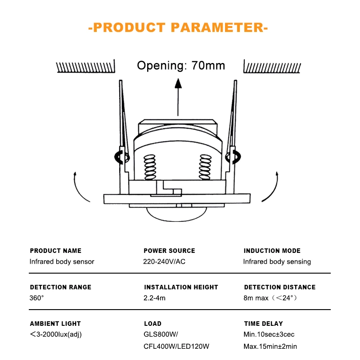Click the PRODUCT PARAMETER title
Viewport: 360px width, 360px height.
pos(178,27)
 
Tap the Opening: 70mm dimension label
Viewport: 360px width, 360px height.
pos(181,66)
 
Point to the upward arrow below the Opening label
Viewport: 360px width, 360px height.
pos(178,97)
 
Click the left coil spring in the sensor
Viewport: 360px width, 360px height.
pos(150,167)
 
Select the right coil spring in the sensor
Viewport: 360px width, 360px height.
pos(205,167)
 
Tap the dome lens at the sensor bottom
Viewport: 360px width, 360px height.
pos(177,215)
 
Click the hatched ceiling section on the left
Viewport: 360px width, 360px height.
pos(85,66)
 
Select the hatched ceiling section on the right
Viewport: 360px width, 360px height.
pos(272,66)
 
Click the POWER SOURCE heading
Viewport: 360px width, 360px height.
pos(169,251)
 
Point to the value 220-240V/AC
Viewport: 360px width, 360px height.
pos(164,261)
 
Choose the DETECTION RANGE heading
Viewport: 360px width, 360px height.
pos(61,287)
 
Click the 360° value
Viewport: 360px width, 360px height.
pos(37,298)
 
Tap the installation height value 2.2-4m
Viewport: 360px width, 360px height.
pos(154,298)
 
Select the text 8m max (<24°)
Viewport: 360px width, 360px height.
pos(270,298)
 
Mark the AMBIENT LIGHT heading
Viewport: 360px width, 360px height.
pos(55,324)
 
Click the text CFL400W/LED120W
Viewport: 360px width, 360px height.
pos(176,346)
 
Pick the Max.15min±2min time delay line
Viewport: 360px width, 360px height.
pos(270,346)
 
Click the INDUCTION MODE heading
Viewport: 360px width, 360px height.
pos(272,251)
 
